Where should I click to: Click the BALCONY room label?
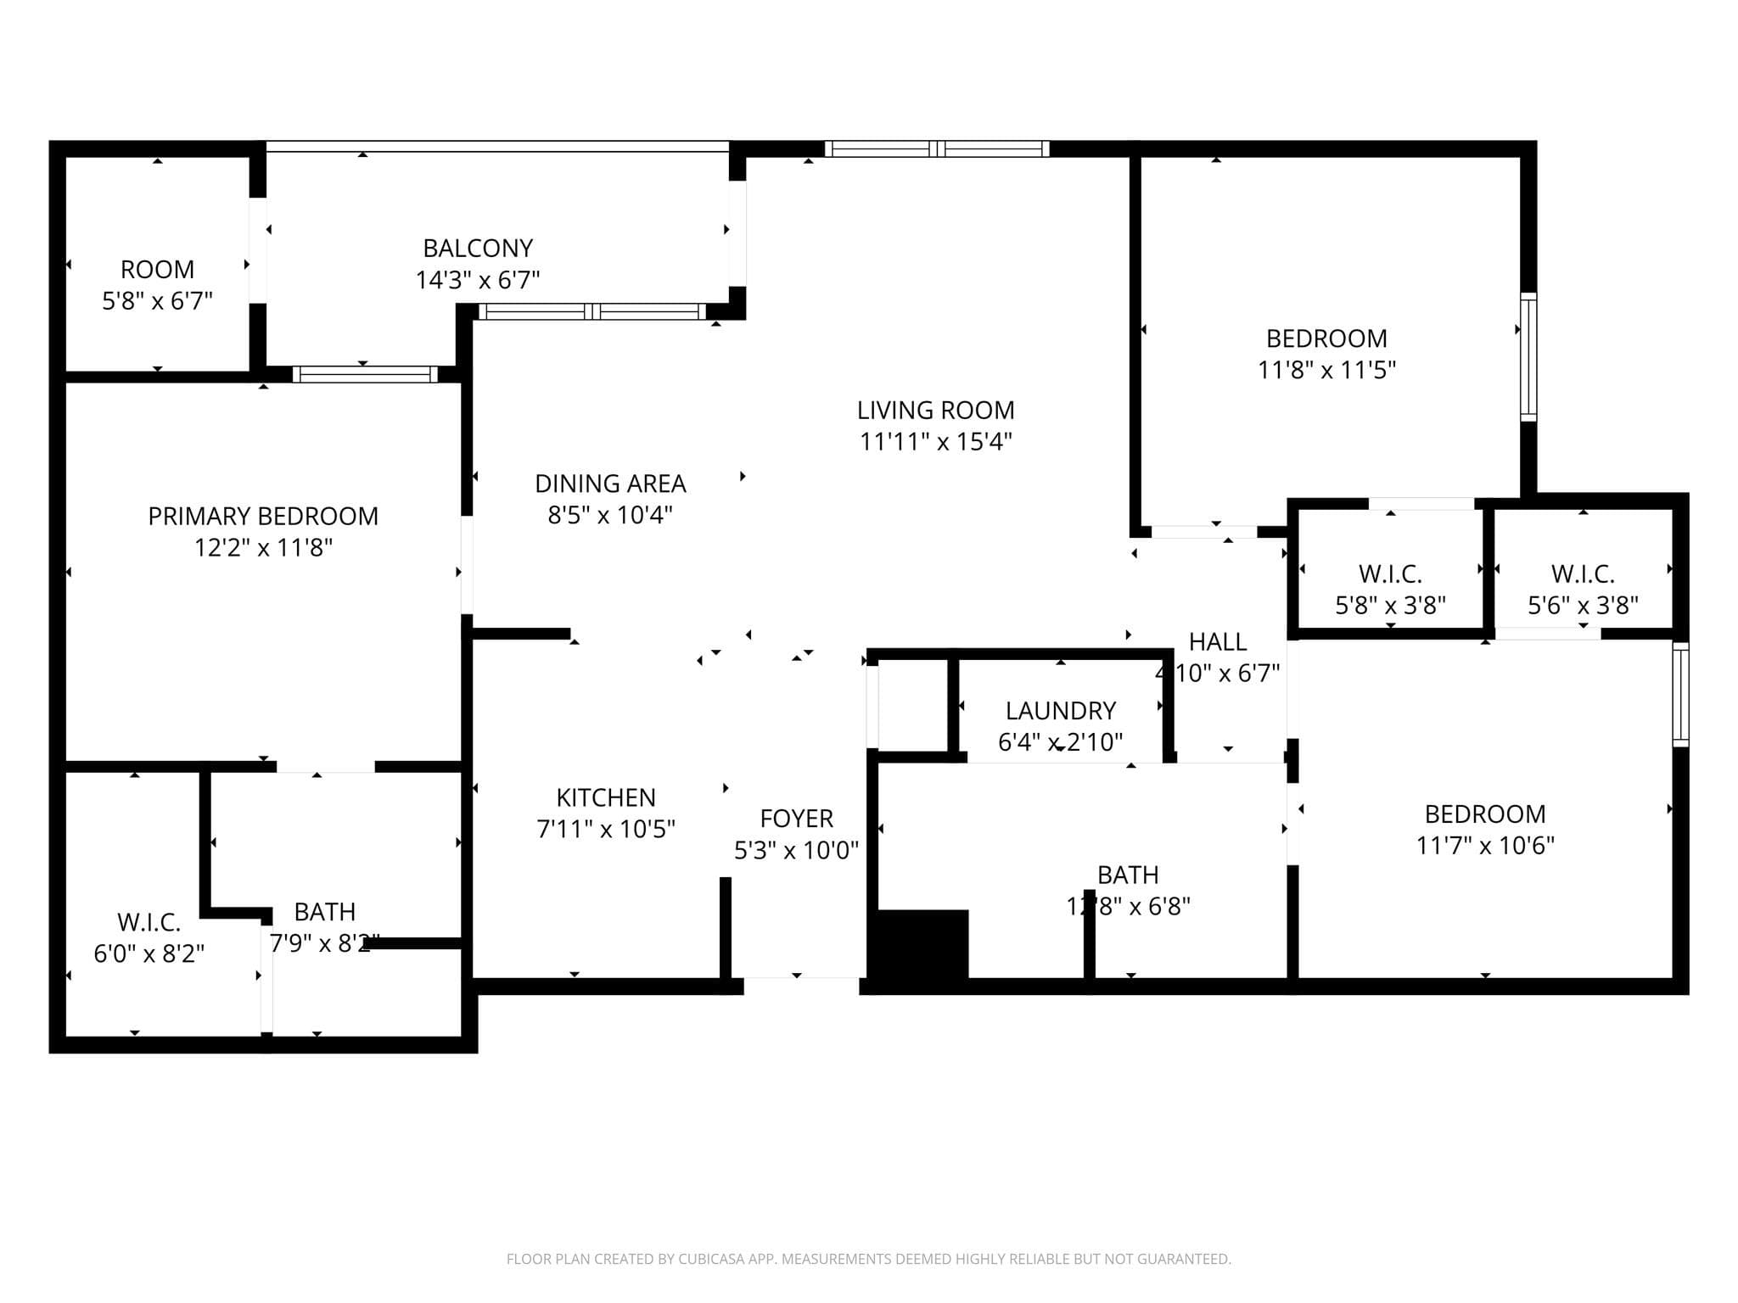(x=478, y=249)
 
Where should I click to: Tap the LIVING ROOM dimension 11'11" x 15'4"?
(x=935, y=442)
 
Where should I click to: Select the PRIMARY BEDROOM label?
(x=263, y=516)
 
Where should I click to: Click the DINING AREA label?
(x=610, y=484)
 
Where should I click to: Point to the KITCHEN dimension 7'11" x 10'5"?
(x=606, y=829)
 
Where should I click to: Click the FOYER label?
(x=796, y=819)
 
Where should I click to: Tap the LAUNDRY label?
(x=1060, y=711)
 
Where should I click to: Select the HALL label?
(x=1217, y=642)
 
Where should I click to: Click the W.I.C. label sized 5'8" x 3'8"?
(x=1390, y=574)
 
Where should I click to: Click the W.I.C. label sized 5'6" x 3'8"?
(x=1583, y=574)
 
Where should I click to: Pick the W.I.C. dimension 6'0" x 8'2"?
(x=149, y=954)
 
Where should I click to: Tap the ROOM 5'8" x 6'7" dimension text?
(x=157, y=301)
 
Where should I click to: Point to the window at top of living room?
(x=937, y=149)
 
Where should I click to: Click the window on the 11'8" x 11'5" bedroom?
(x=1528, y=356)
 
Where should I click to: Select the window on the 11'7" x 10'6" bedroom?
(x=1680, y=695)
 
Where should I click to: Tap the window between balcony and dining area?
(x=592, y=311)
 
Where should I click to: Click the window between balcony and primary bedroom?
(x=365, y=374)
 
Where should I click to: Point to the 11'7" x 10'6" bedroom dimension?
(x=1484, y=846)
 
